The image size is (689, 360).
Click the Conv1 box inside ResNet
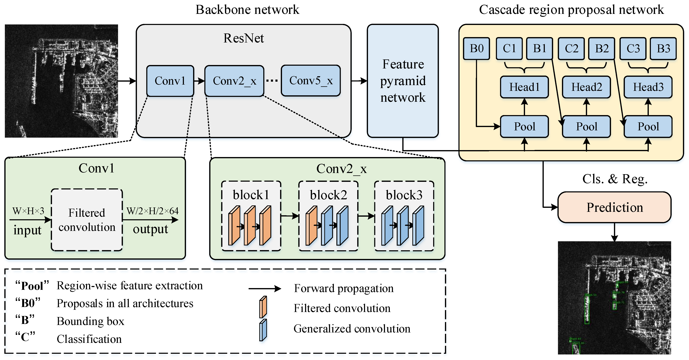click(x=170, y=81)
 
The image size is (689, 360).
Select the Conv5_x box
click(x=311, y=80)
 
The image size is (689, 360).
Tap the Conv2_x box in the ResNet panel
click(x=234, y=81)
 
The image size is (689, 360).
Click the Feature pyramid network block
click(x=403, y=81)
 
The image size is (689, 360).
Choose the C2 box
click(x=571, y=48)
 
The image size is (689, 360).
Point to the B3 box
click(x=663, y=48)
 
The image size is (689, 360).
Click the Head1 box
click(x=524, y=87)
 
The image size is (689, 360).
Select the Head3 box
click(x=648, y=87)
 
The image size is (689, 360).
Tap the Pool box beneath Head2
click(x=586, y=127)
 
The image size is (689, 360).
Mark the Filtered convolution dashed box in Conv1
click(x=87, y=220)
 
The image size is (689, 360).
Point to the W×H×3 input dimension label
click(x=28, y=211)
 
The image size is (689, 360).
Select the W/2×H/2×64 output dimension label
click(x=153, y=211)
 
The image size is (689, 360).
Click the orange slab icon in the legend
click(x=263, y=307)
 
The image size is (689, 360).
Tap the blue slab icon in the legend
click(x=263, y=330)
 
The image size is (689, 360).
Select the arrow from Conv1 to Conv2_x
click(x=199, y=81)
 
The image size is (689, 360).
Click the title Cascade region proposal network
click(x=571, y=10)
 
